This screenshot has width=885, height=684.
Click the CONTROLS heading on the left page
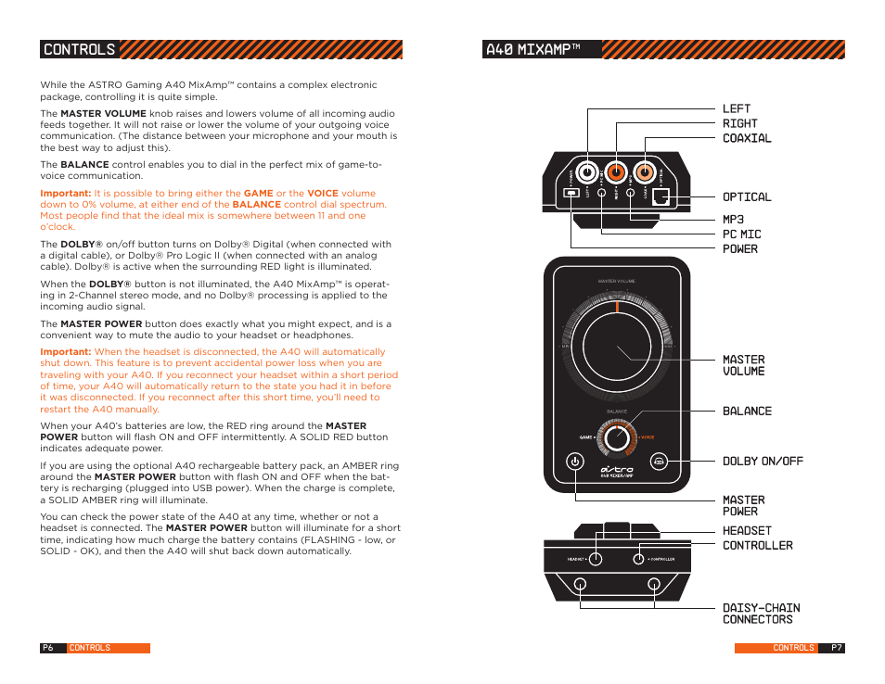click(x=80, y=50)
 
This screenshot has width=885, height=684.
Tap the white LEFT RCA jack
click(x=587, y=172)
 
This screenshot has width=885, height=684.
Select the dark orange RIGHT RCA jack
click(x=615, y=172)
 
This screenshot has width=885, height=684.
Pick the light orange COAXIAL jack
click(x=644, y=172)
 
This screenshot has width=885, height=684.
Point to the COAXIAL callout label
click(x=747, y=138)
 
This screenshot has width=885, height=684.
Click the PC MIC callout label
click(x=742, y=234)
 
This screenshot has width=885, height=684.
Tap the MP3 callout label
click(x=733, y=220)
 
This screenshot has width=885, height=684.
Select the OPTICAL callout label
click(x=747, y=197)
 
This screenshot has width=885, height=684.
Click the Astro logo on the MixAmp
click(x=617, y=470)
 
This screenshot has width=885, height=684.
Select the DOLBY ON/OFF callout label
click(x=763, y=462)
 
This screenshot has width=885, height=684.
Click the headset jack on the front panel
click(x=596, y=559)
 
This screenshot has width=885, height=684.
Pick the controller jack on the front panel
click(x=638, y=559)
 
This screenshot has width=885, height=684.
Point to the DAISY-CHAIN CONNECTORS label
click(x=760, y=614)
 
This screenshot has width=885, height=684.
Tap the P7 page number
click(x=836, y=648)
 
